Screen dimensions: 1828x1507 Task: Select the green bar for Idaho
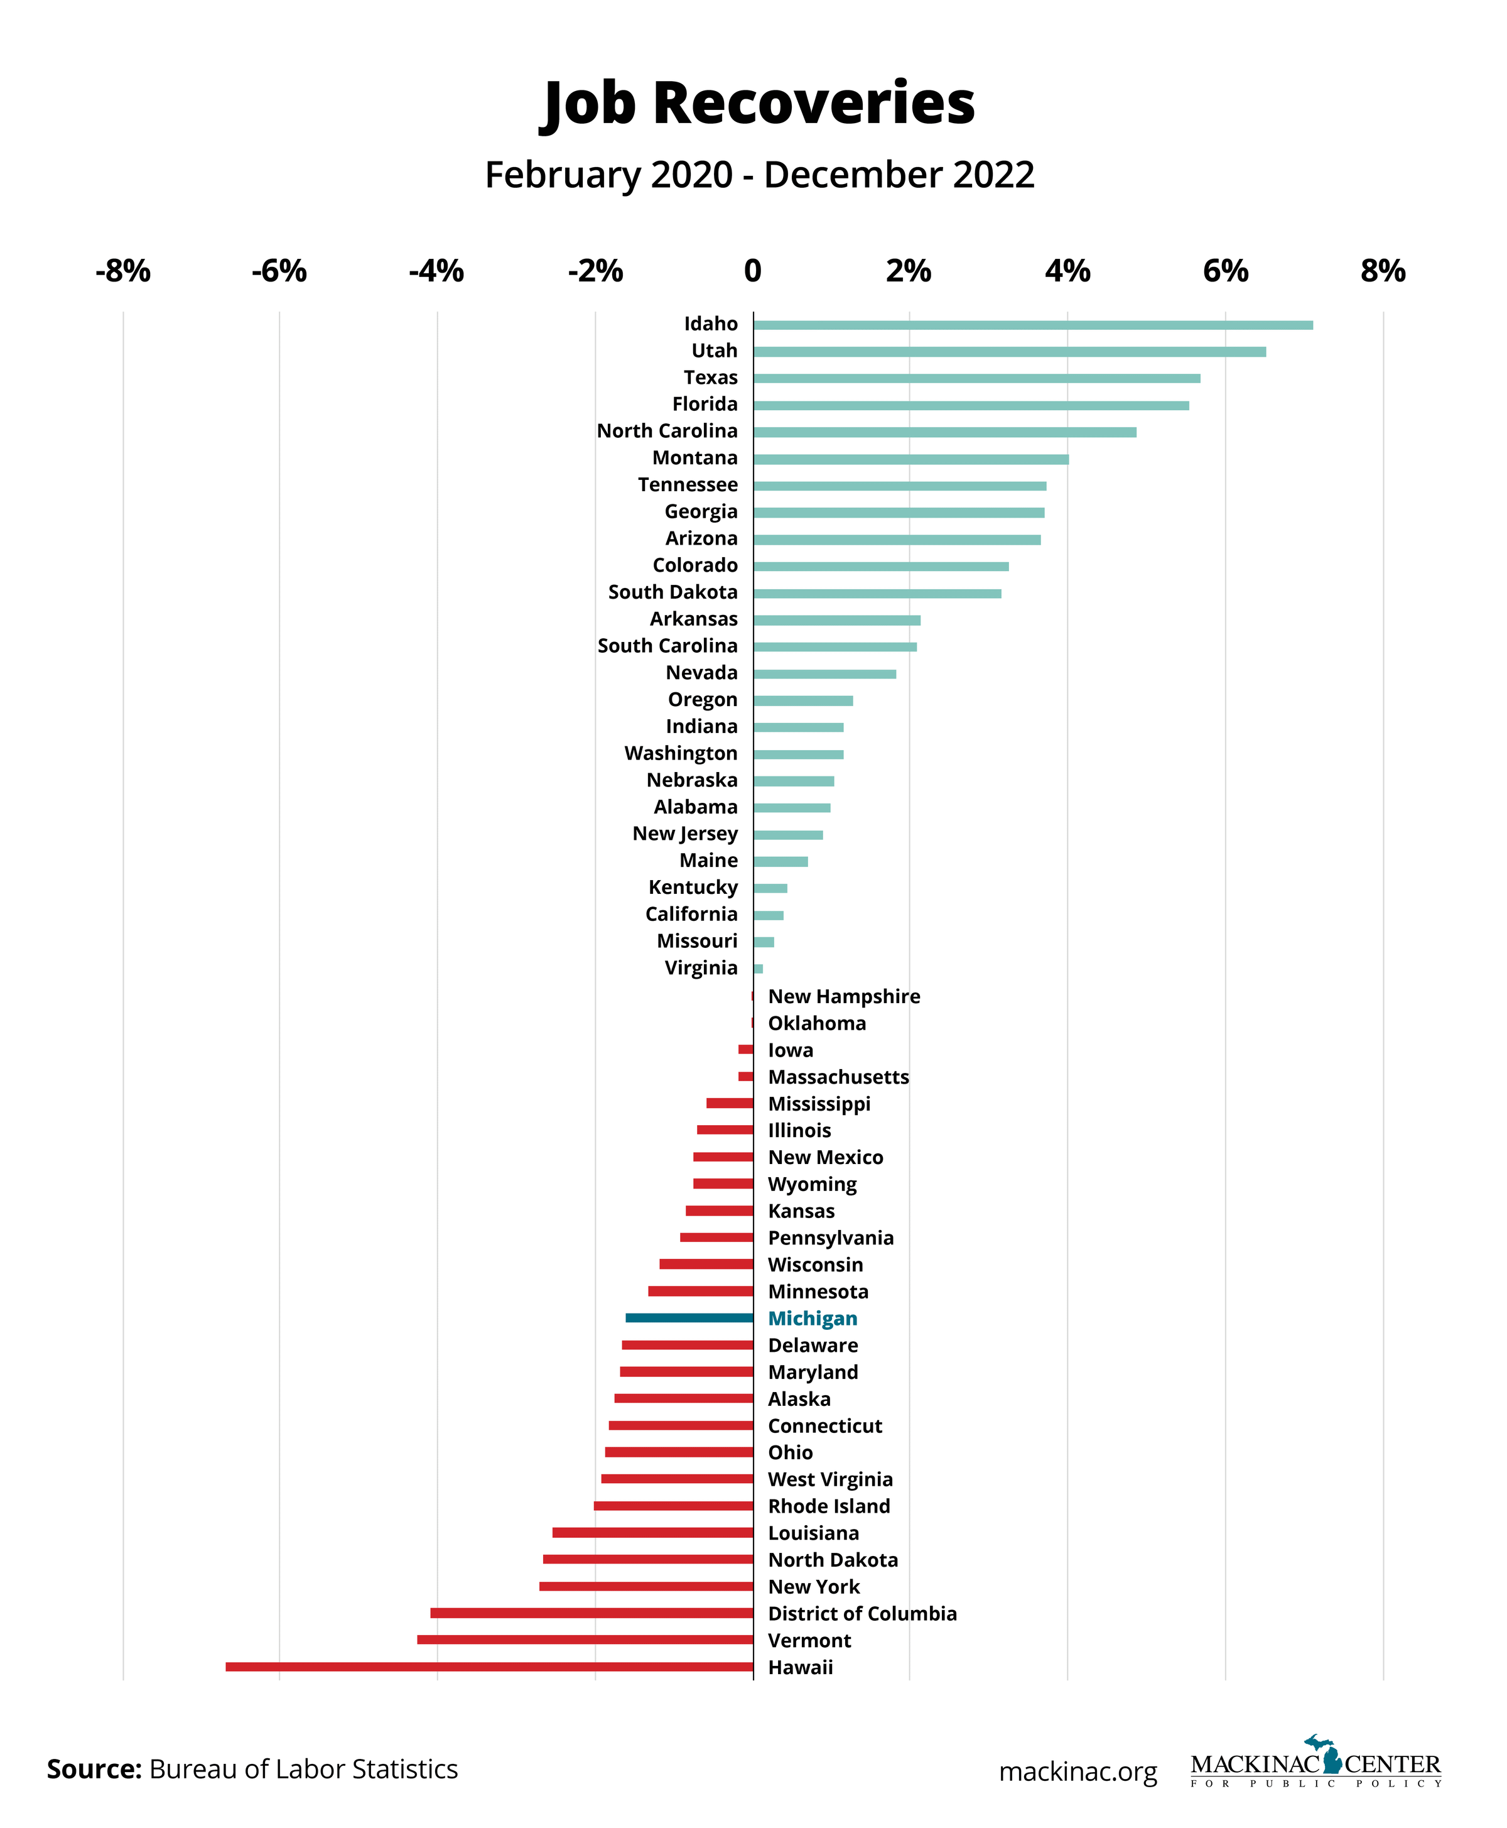[1032, 325]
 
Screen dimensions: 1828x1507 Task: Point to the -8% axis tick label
[122, 271]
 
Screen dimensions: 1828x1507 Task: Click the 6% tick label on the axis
[1225, 271]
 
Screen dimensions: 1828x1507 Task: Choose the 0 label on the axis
[753, 271]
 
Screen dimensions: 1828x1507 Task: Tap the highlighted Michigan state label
[813, 1319]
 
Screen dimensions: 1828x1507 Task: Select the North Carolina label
[667, 431]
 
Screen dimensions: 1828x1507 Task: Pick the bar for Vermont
[585, 1640]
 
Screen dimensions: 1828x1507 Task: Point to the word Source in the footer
[94, 1769]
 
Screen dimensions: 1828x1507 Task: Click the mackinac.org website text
[1078, 1771]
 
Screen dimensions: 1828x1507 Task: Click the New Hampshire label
[844, 996]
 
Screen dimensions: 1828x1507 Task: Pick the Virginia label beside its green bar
[701, 967]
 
